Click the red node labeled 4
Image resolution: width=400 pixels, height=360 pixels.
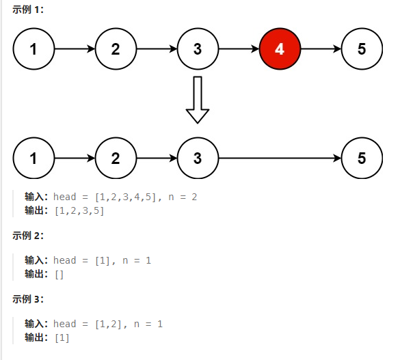[280, 49]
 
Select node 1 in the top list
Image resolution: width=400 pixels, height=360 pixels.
[34, 49]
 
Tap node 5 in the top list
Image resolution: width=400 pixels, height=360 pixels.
[362, 49]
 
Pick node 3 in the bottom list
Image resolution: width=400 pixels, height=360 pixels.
[198, 158]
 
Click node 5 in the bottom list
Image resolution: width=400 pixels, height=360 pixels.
[362, 158]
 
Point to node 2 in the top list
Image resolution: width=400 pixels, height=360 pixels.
[116, 49]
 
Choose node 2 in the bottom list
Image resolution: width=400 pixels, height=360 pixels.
[116, 158]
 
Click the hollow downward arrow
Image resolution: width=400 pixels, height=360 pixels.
[198, 100]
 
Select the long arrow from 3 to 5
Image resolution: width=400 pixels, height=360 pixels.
[280, 158]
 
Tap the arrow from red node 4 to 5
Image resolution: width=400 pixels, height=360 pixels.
[321, 49]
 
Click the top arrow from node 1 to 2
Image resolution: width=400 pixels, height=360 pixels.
[75, 49]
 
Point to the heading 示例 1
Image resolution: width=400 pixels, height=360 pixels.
[28, 10]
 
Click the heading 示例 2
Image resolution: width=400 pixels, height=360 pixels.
[28, 236]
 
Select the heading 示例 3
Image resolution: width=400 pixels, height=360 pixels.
[28, 299]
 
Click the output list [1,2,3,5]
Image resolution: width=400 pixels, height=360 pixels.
[79, 211]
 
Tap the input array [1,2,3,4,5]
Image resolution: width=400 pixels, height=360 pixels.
[126, 197]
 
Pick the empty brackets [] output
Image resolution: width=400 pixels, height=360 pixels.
[59, 275]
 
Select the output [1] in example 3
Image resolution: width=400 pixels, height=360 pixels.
[62, 338]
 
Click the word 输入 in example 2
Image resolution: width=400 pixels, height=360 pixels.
[34, 260]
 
